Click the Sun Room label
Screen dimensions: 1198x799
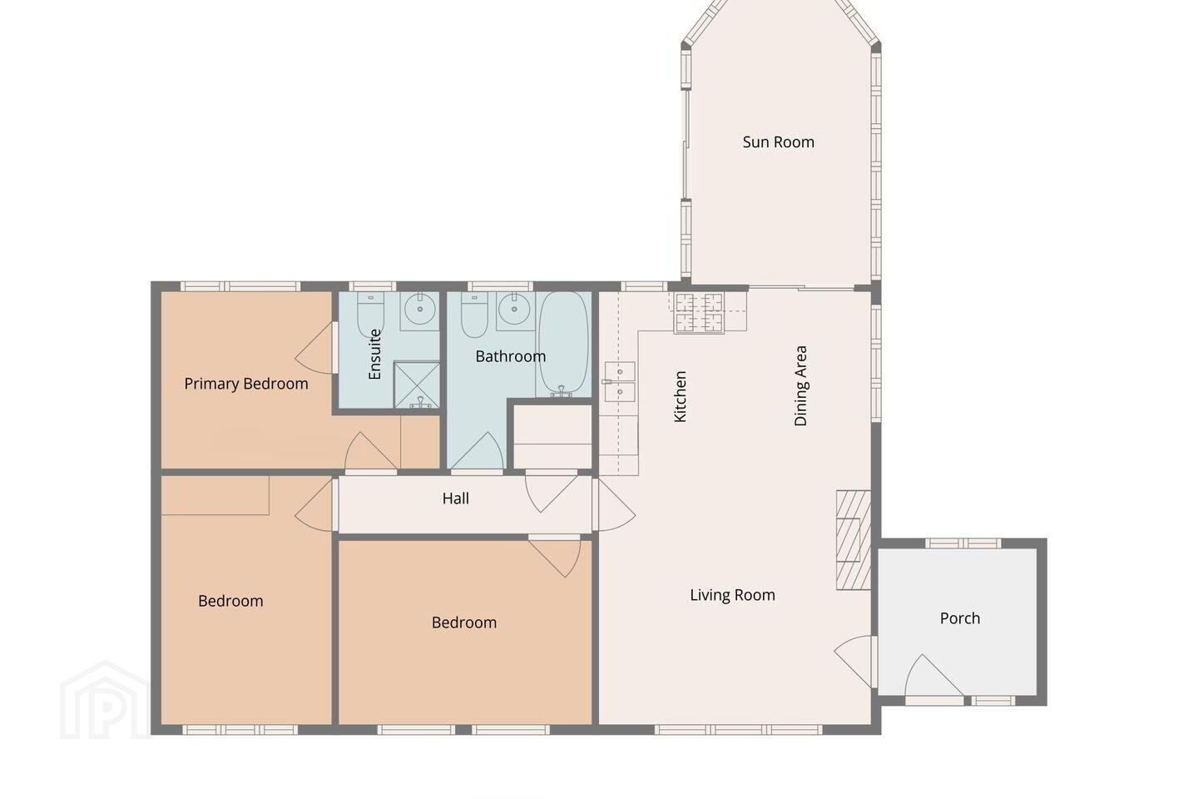click(778, 141)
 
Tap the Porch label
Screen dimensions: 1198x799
click(960, 618)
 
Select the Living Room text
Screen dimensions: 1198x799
click(732, 595)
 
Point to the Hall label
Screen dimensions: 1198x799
click(456, 499)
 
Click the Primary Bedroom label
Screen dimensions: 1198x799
click(246, 384)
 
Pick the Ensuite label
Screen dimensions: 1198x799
click(375, 355)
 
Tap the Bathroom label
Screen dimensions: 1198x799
click(511, 356)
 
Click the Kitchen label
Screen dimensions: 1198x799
click(680, 396)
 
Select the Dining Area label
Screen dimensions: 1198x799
click(800, 386)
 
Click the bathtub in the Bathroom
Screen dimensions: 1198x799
click(563, 344)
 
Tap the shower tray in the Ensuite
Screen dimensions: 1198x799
click(417, 385)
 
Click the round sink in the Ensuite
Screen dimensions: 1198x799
click(420, 309)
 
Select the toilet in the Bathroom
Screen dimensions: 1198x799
click(474, 315)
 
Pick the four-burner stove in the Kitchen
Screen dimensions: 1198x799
click(699, 313)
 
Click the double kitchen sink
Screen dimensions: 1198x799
click(620, 381)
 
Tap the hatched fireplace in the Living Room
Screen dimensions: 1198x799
click(854, 540)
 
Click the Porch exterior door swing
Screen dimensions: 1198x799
click(933, 675)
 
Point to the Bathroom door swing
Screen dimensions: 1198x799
click(477, 451)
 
